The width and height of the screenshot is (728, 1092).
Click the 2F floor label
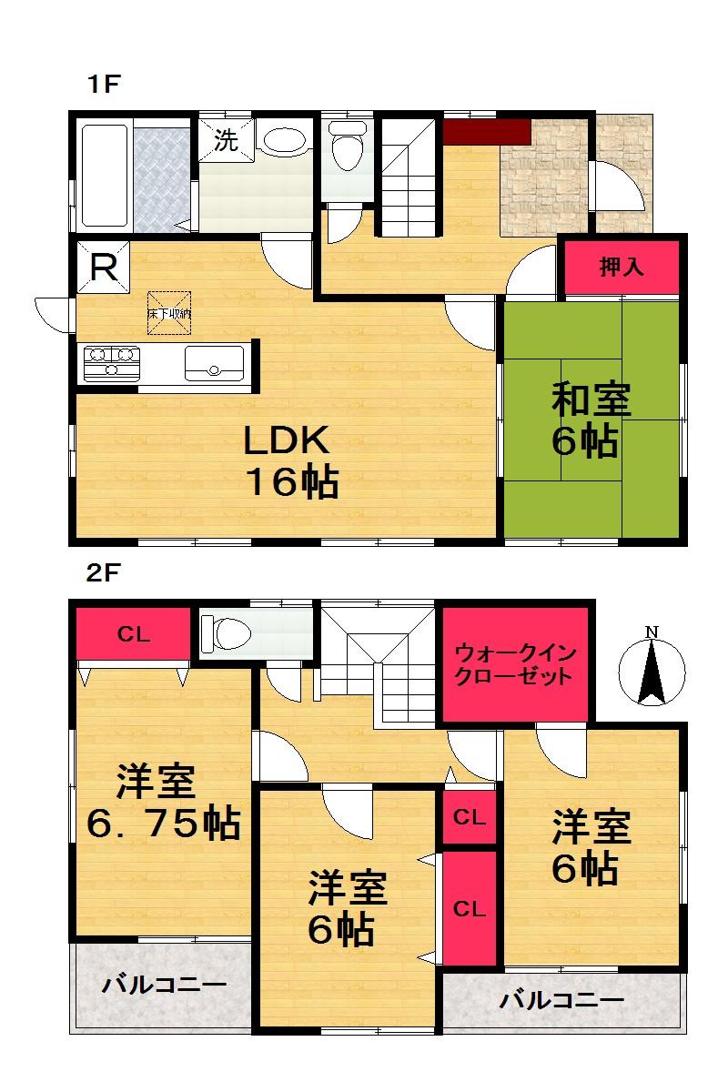click(104, 574)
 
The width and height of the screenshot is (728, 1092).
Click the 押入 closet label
click(622, 267)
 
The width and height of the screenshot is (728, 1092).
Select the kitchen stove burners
click(111, 361)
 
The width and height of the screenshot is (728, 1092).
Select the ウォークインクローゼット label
click(514, 664)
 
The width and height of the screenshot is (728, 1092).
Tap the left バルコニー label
click(163, 985)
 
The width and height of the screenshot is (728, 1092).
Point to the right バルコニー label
click(561, 1001)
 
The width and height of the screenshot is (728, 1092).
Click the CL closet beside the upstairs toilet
click(134, 635)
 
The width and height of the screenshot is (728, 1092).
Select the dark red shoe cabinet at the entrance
click(486, 131)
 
